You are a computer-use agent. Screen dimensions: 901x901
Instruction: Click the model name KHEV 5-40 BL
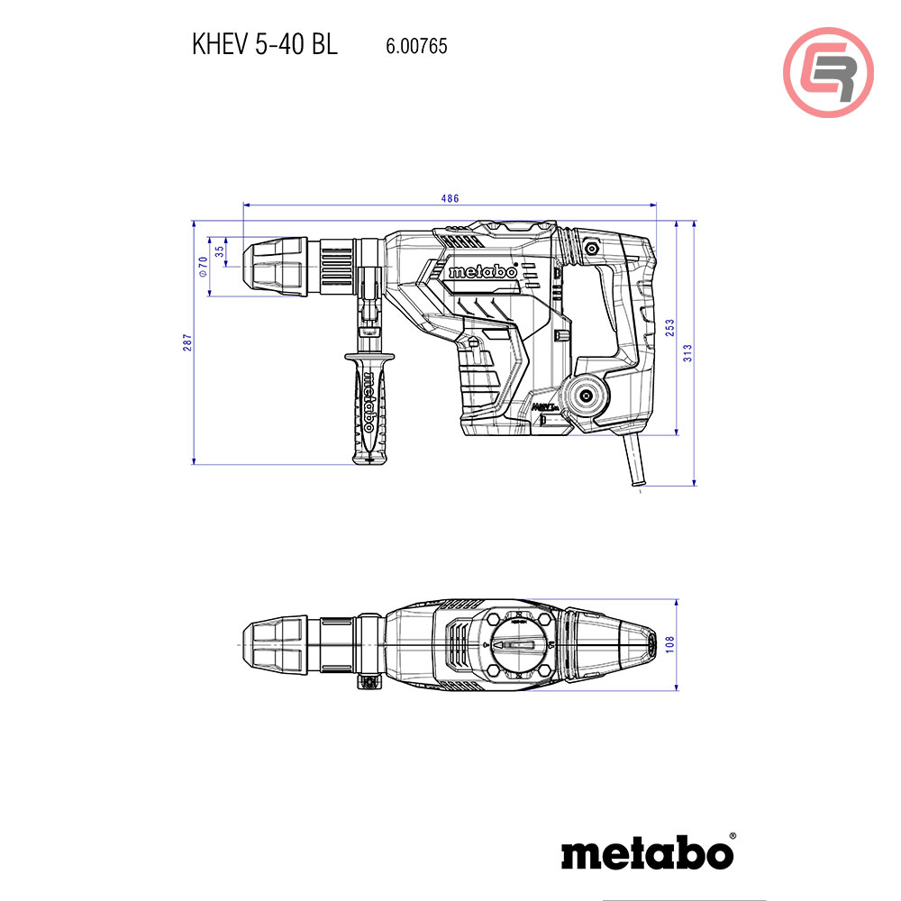point(264,45)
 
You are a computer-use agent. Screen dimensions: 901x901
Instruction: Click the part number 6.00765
point(416,46)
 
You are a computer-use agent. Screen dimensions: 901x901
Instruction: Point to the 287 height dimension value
point(188,343)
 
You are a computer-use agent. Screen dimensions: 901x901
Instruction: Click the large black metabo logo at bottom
point(647,851)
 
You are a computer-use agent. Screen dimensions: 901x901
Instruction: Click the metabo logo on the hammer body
point(482,271)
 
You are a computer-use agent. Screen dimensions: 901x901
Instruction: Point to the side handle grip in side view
point(368,405)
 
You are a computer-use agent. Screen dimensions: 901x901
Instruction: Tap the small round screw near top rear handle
point(592,247)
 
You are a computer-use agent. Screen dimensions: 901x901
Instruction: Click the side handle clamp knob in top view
point(369,683)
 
